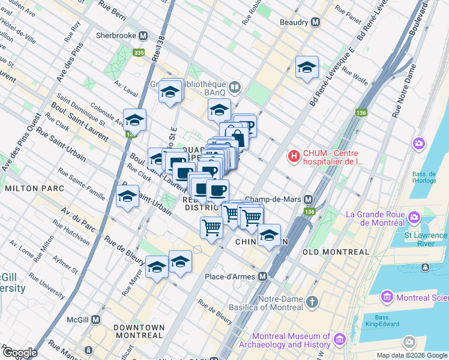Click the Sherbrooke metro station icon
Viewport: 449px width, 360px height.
click(x=144, y=35)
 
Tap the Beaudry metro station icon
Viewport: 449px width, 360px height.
click(x=314, y=22)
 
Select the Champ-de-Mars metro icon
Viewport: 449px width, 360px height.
click(x=309, y=199)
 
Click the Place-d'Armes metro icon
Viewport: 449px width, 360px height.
click(x=262, y=276)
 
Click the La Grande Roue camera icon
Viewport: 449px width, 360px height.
click(x=414, y=216)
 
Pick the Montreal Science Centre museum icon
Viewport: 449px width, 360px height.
click(x=387, y=297)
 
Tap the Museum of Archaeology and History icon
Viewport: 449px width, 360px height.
click(x=339, y=340)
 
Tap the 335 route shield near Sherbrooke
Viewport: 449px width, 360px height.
click(x=139, y=53)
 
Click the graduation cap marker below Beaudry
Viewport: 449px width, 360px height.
click(x=307, y=69)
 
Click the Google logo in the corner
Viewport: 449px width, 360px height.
click(x=19, y=353)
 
